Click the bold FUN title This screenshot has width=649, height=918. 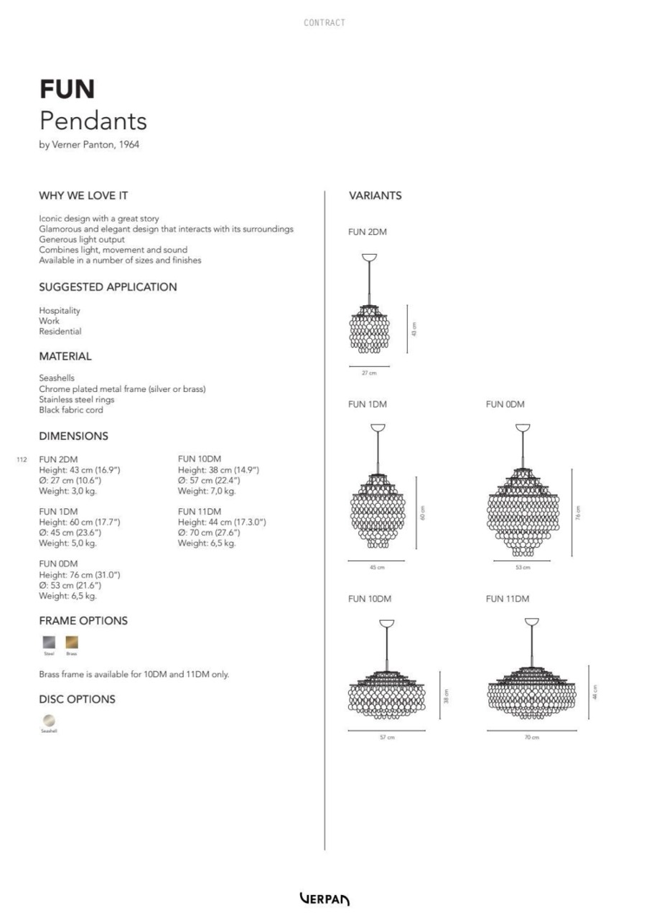coord(67,89)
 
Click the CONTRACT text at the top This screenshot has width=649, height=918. coord(324,23)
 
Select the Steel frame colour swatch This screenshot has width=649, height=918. coord(49,642)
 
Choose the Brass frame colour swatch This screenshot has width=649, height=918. coord(72,642)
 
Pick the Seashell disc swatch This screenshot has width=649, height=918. coord(49,720)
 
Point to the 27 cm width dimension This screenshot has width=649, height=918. coord(368,373)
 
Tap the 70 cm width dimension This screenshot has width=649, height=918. coord(531,738)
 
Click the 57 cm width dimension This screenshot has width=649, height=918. coord(387,738)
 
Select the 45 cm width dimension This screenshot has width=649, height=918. coord(377,568)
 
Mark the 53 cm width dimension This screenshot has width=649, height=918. coord(523,568)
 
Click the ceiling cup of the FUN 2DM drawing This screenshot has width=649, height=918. coord(370,258)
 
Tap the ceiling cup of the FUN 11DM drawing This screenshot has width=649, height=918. coord(532,622)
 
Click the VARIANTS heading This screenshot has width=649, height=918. coord(375,195)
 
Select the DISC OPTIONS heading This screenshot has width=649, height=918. coord(77,699)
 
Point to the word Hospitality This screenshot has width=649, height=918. coord(60,311)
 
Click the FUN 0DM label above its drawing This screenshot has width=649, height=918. coord(505,404)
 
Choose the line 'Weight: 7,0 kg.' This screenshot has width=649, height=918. coord(207,491)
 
